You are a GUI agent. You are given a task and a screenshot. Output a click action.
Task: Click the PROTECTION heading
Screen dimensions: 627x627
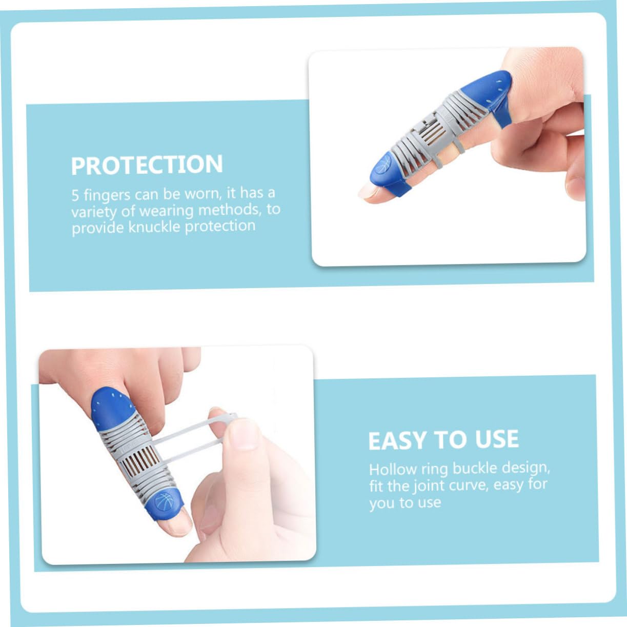tap(147, 165)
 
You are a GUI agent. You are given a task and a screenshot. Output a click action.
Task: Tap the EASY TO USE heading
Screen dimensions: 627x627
tap(443, 440)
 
